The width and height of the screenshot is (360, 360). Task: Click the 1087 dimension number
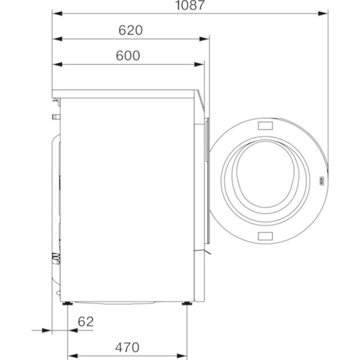click(190, 5)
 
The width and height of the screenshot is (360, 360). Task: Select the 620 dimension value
click(130, 30)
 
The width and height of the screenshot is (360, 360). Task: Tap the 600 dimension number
click(128, 56)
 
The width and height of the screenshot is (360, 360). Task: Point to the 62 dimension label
click(86, 322)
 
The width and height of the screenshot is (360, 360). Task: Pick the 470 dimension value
click(127, 348)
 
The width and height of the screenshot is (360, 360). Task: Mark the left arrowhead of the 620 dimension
click(57, 39)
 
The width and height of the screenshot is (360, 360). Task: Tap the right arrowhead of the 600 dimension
click(199, 65)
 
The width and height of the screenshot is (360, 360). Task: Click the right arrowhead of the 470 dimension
click(182, 356)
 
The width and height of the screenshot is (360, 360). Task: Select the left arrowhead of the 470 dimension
click(73, 356)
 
